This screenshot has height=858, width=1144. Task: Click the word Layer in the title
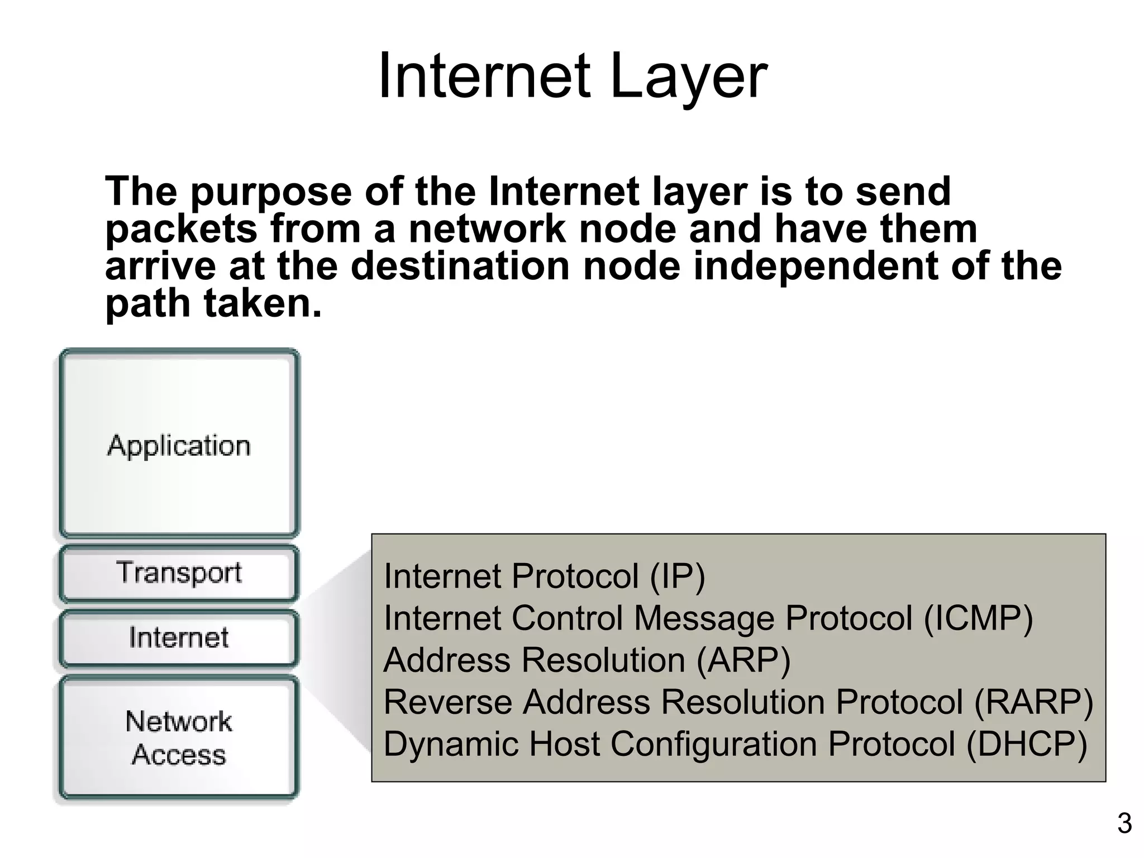[688, 77]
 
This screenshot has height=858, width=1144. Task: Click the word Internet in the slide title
[484, 77]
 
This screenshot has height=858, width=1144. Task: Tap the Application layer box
[179, 445]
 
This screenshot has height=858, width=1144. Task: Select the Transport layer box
[179, 573]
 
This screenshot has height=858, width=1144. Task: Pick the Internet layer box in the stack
[179, 638]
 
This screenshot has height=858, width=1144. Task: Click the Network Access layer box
[179, 737]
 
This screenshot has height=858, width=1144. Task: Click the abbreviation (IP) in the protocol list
[677, 576]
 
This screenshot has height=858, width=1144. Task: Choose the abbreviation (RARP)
[1033, 702]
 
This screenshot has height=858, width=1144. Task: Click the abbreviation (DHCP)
[1026, 744]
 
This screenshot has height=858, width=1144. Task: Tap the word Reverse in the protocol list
[447, 702]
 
